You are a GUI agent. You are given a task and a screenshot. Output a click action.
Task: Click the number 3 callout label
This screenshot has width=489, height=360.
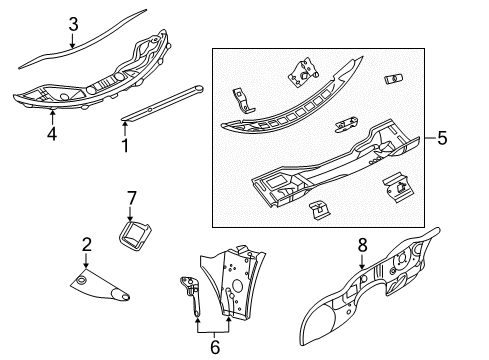[71, 24]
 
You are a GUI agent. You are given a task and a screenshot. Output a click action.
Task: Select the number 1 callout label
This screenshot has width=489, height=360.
[125, 146]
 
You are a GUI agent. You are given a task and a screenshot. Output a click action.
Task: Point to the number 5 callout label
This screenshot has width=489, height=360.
[441, 137]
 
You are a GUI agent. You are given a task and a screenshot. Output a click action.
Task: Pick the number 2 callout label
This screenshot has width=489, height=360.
[87, 244]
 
